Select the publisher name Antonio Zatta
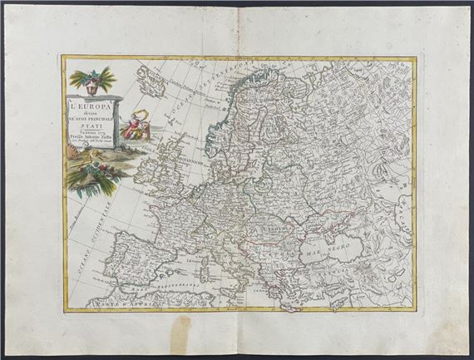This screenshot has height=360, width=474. coord(91,141)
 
